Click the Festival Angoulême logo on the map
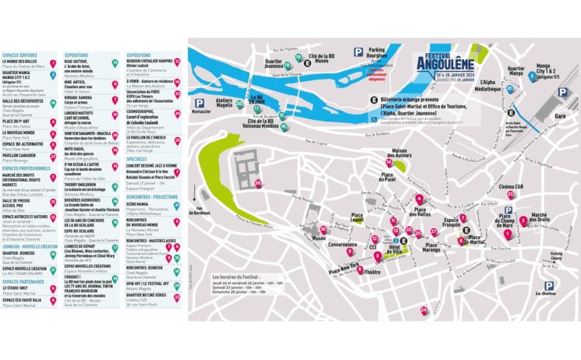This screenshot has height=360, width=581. [x=445, y=64]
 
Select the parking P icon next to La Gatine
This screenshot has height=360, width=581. [x=549, y=286]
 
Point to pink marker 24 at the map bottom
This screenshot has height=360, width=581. [x=423, y=309]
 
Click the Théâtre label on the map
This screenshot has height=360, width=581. [x=373, y=272]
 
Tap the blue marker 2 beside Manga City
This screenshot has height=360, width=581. [x=532, y=76]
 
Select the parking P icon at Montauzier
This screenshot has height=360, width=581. [x=200, y=103]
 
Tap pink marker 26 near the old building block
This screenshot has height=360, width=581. [x=257, y=183]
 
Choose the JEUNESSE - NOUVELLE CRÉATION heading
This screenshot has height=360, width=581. [x=30, y=245]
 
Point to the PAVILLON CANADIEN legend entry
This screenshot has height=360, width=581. [x=20, y=154]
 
